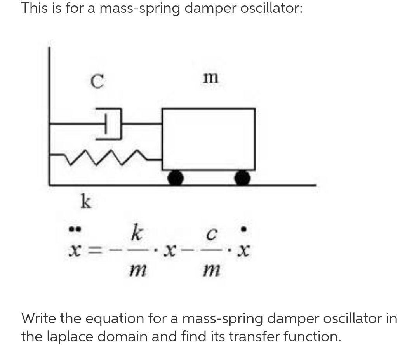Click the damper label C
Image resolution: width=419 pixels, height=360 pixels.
(x=97, y=81)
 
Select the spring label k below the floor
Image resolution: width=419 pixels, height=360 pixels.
(x=85, y=202)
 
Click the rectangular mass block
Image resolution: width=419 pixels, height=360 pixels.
(x=209, y=139)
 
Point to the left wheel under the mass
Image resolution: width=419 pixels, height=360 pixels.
(x=176, y=178)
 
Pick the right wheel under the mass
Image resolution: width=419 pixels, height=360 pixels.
(x=242, y=178)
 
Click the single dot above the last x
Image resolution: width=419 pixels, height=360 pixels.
(x=243, y=230)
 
